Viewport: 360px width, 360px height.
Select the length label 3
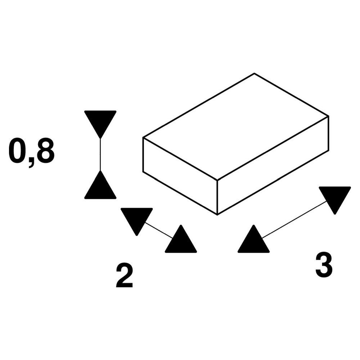pyautogui.click(x=324, y=266)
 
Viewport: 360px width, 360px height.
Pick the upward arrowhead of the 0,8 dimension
pyautogui.click(x=100, y=187)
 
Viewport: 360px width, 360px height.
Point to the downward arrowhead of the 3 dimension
pyautogui.click(x=335, y=197)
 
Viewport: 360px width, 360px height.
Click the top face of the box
pyautogui.click(x=236, y=126)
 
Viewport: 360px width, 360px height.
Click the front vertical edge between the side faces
pyautogui.click(x=217, y=196)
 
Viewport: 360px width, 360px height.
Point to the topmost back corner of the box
pyautogui.click(x=255, y=73)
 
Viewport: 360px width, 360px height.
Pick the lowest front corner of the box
pyautogui.click(x=217, y=215)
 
